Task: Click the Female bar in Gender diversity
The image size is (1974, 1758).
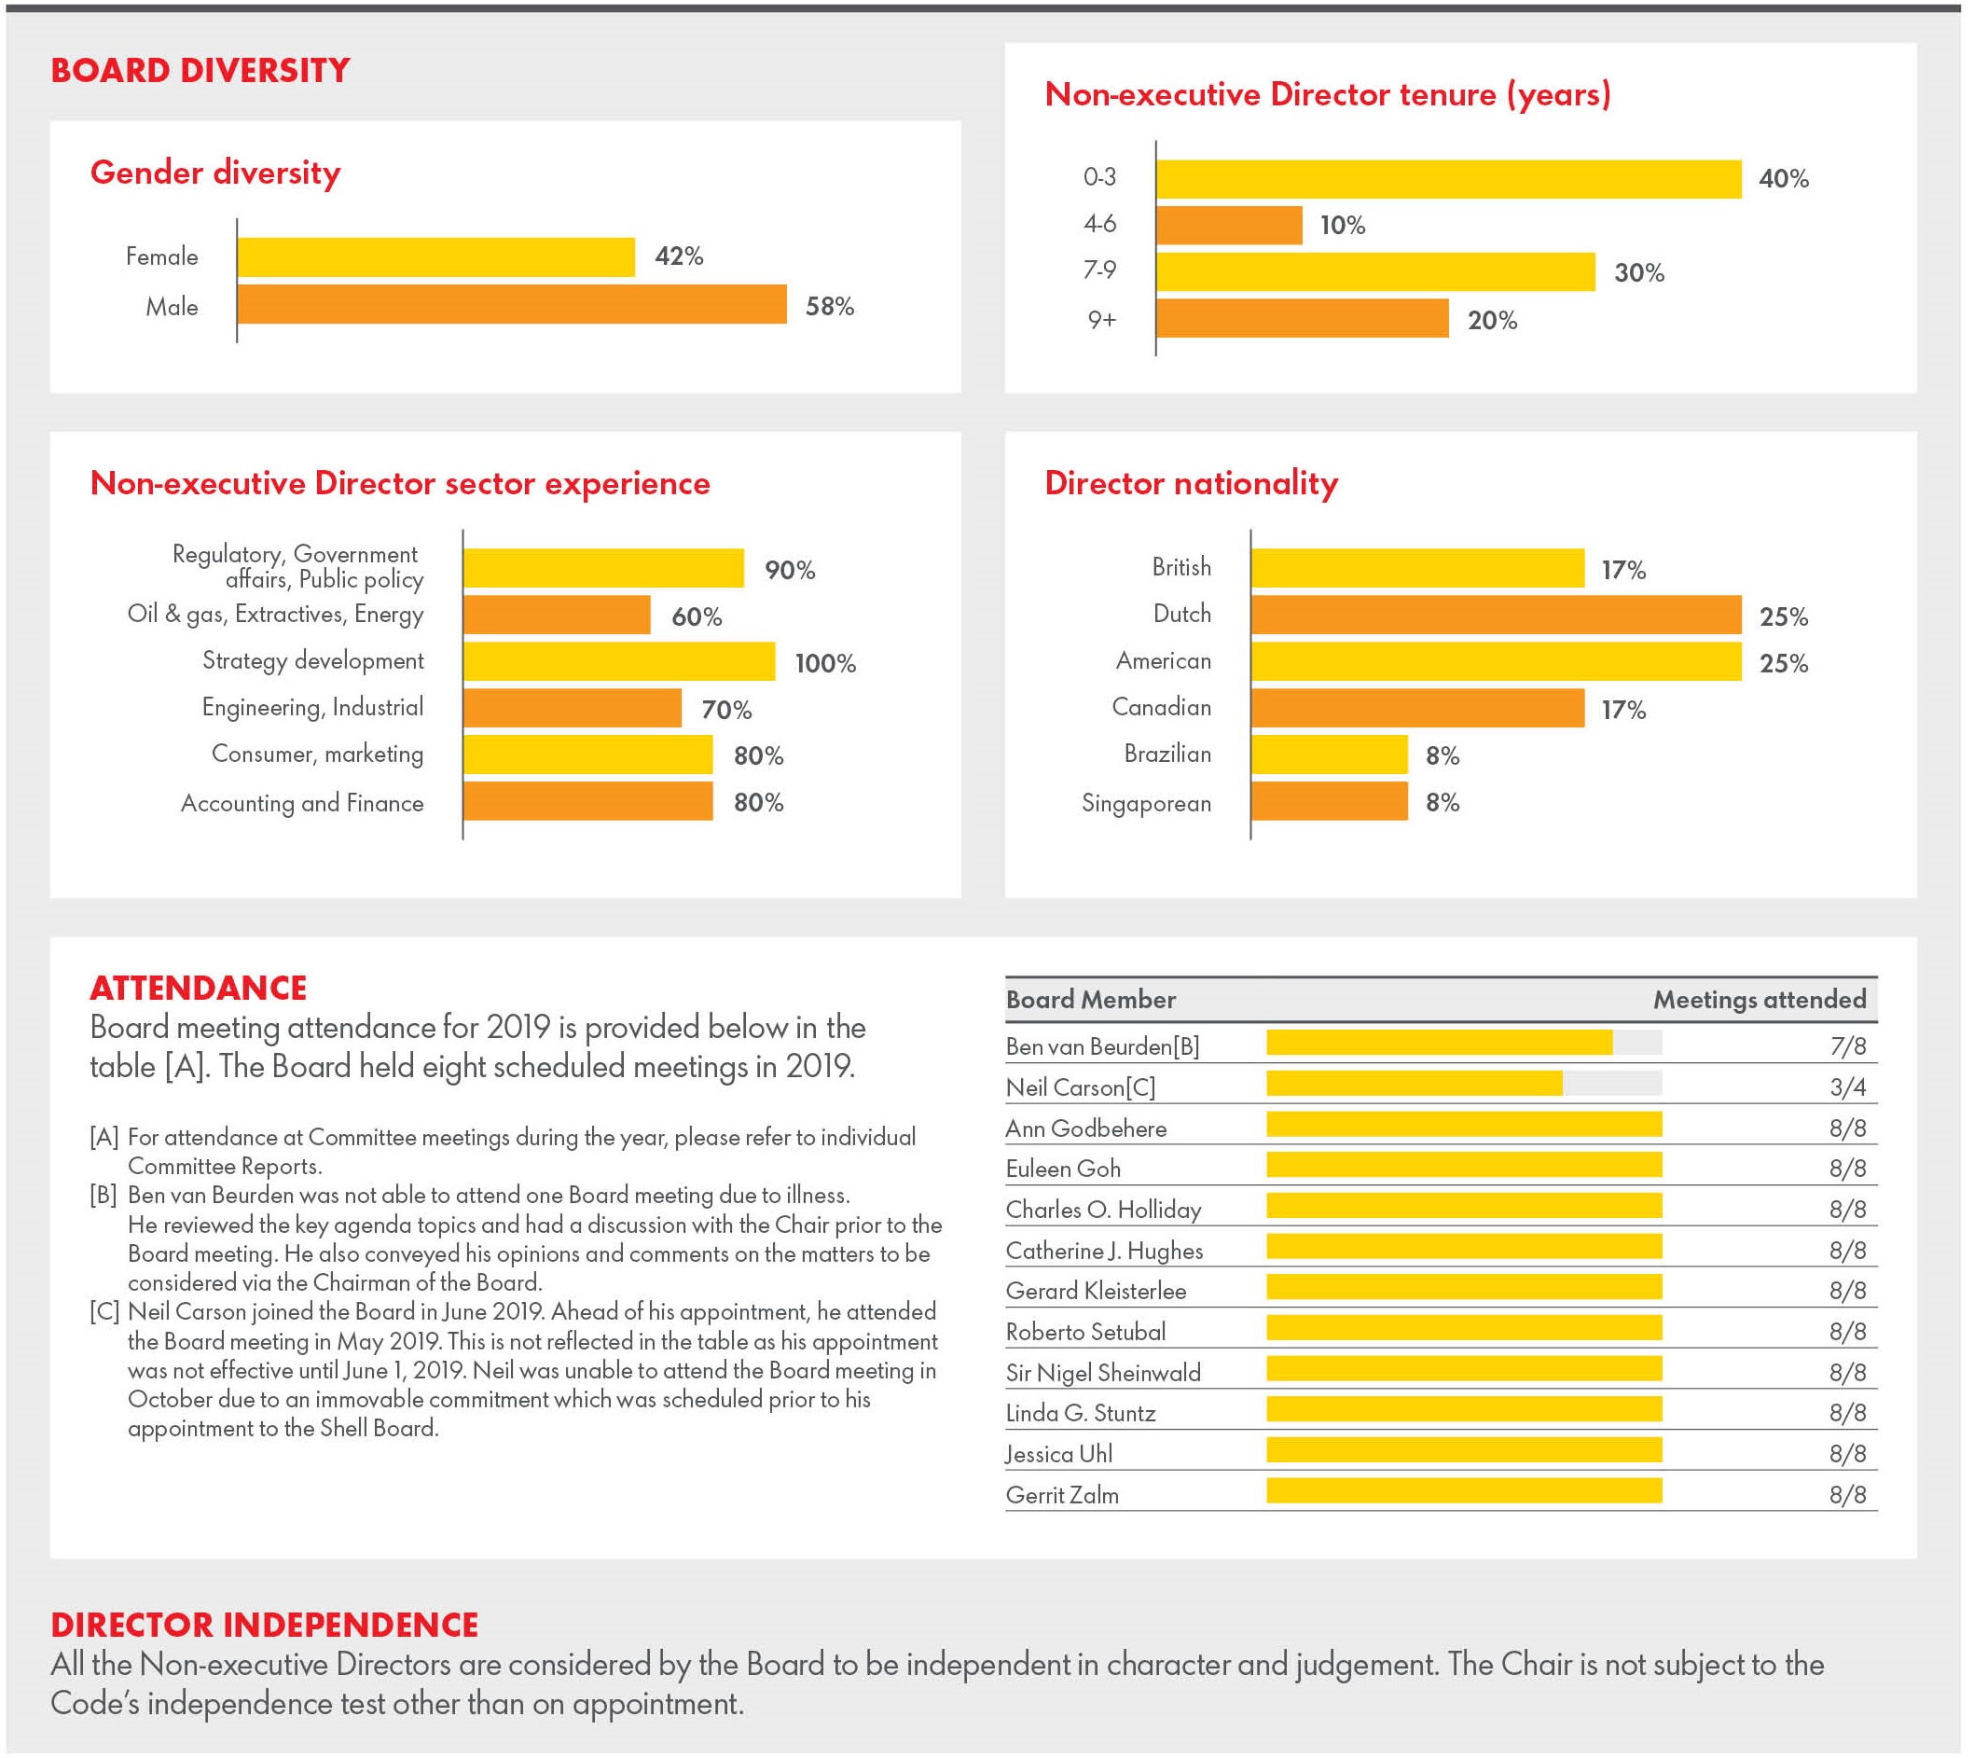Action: pos(435,257)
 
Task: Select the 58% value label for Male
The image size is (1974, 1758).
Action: pos(830,306)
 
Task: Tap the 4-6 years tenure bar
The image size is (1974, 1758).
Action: pos(1228,225)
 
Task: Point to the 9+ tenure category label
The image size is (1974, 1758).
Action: pos(1102,320)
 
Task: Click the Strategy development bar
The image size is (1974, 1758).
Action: pos(619,661)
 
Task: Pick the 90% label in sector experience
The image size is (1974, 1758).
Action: pos(790,570)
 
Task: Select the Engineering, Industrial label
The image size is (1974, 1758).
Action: pos(313,708)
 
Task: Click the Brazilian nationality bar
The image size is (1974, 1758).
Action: pos(1329,754)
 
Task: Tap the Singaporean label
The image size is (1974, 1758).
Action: pos(1146,803)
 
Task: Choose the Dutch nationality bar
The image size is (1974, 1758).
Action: pos(1496,616)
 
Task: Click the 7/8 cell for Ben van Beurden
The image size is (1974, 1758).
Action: pos(1847,1045)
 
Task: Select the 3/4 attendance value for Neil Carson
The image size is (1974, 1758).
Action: pos(1847,1087)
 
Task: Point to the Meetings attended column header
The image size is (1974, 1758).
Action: pos(1759,999)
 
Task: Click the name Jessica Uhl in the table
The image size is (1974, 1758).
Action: pos(1058,1454)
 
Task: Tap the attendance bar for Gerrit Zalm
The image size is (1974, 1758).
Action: pos(1464,1490)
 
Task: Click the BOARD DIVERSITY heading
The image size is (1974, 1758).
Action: pos(200,71)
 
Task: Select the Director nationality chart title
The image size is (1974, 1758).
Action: pos(1191,483)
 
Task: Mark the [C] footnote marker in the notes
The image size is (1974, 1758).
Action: pos(104,1311)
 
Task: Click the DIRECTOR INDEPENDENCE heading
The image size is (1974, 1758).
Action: pos(265,1625)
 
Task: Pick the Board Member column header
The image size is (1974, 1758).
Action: pos(1090,999)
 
